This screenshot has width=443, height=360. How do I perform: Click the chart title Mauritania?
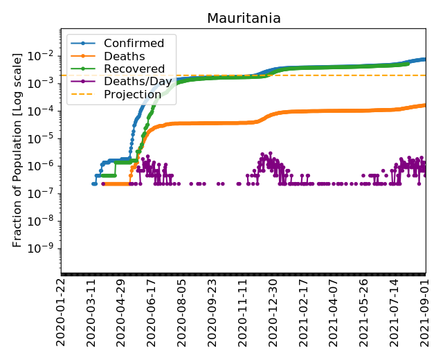[x=244, y=19]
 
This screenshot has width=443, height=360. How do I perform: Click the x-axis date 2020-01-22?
[x=61, y=312]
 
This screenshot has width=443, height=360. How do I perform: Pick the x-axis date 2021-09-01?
[x=426, y=312]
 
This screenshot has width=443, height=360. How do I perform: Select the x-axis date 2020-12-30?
[x=273, y=312]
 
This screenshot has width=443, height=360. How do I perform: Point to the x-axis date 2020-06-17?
[x=152, y=312]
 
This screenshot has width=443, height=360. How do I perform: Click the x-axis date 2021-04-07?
[x=334, y=312]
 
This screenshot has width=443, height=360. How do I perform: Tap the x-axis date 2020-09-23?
[x=213, y=312]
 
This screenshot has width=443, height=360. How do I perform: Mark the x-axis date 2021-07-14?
[x=395, y=312]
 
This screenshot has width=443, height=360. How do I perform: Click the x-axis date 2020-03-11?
[x=91, y=312]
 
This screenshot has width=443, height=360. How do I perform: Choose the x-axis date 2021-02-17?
[x=304, y=312]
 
